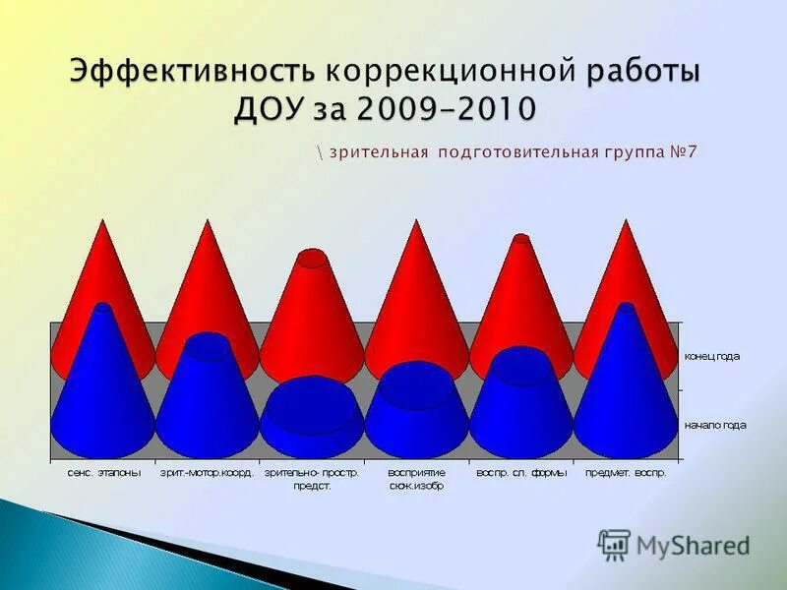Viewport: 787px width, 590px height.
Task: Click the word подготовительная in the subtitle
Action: click(x=519, y=152)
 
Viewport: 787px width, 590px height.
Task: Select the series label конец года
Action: click(x=712, y=356)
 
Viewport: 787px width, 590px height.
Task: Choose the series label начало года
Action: click(x=715, y=425)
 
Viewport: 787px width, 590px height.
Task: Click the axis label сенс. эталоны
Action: click(x=103, y=473)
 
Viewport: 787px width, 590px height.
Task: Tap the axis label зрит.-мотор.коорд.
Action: click(x=208, y=473)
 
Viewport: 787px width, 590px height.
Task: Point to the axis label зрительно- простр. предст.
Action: click(x=312, y=479)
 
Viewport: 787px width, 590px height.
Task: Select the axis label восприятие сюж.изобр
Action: click(x=416, y=479)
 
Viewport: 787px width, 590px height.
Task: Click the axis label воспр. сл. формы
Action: click(x=520, y=473)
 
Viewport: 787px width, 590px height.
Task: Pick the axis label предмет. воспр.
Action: click(x=626, y=473)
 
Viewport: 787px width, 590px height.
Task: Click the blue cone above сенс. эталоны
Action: click(x=103, y=393)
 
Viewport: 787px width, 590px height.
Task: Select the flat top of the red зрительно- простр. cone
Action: click(x=312, y=259)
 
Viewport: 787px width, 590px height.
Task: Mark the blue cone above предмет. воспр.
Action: click(x=626, y=393)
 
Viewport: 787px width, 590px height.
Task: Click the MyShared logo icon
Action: click(x=615, y=544)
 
